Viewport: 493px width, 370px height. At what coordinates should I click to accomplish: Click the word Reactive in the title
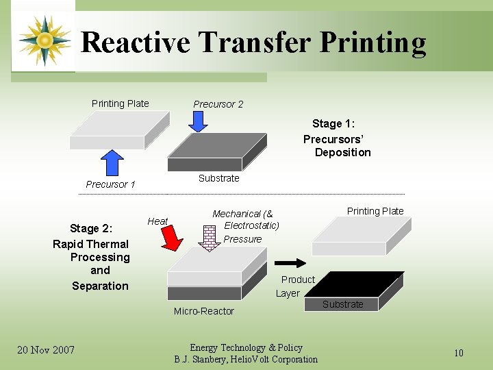[x=136, y=42]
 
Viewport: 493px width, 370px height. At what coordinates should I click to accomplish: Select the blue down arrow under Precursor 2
[x=198, y=121]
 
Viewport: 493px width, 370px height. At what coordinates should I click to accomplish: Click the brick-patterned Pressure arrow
[x=210, y=234]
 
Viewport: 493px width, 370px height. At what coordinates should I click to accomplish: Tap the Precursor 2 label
[x=218, y=104]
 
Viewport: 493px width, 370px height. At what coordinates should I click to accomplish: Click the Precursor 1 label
[x=110, y=184]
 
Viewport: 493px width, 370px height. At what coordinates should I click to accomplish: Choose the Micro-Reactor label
[x=203, y=311]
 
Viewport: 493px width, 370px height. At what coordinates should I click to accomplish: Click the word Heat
[x=157, y=221]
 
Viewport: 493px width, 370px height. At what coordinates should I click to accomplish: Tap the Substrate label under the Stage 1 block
[x=218, y=178]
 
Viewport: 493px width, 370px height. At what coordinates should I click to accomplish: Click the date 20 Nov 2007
[x=46, y=351]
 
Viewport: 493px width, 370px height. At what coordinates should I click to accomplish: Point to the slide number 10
[x=459, y=353]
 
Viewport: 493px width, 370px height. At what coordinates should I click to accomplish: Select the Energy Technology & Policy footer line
[x=246, y=348]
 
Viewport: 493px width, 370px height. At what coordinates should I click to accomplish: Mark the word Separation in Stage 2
[x=100, y=286]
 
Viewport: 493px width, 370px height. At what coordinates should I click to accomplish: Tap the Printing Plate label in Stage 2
[x=375, y=211]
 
